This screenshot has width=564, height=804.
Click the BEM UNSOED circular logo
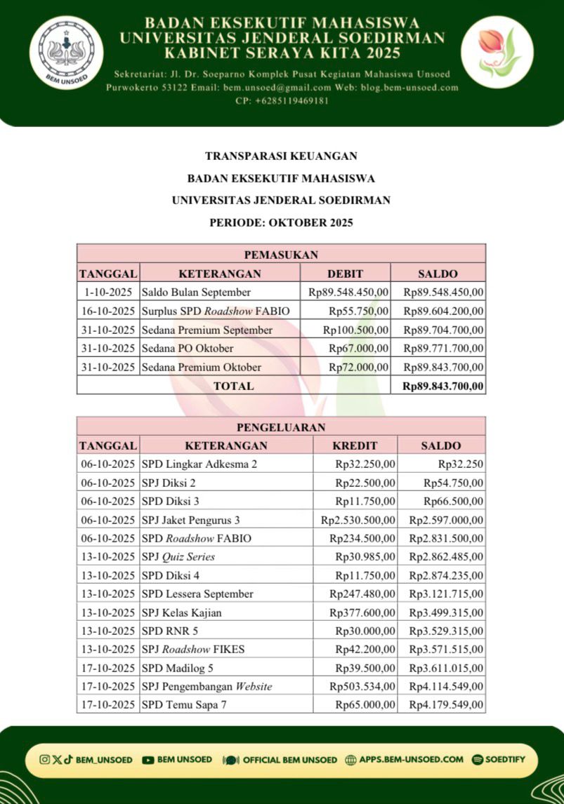pos(70,51)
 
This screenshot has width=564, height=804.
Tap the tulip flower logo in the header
pos(497,51)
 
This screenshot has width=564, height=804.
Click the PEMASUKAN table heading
pos(281,254)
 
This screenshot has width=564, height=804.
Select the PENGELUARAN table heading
pos(281,427)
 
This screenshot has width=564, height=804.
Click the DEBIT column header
pos(345,274)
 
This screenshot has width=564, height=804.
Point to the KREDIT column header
pos(355,445)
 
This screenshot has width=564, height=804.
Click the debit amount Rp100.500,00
pos(355,330)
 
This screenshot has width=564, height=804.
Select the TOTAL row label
pos(233,386)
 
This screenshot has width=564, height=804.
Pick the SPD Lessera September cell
pos(197,594)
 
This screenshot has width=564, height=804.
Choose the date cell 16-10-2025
pos(107,311)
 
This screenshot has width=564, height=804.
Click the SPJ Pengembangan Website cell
pos(206,686)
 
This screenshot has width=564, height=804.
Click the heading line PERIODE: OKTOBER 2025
pos(281,223)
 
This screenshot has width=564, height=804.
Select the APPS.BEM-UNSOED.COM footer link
pos(411,759)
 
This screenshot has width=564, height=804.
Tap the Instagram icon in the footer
pos(44,759)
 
